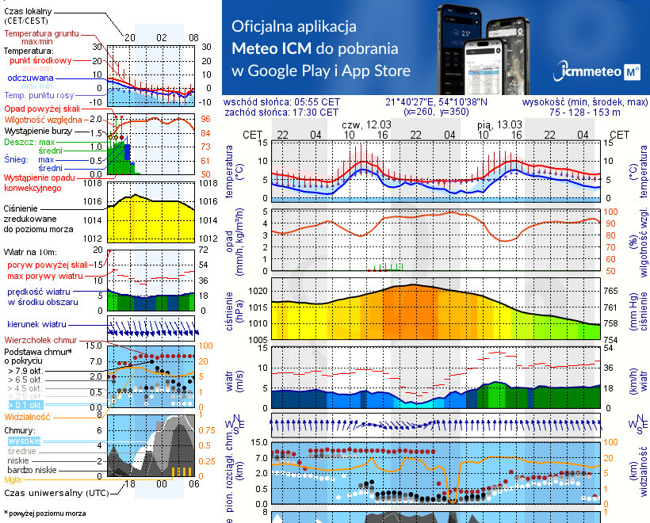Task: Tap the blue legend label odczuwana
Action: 30,78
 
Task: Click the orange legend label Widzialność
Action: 28,415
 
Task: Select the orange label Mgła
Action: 13,479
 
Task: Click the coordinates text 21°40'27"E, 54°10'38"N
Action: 437,102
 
